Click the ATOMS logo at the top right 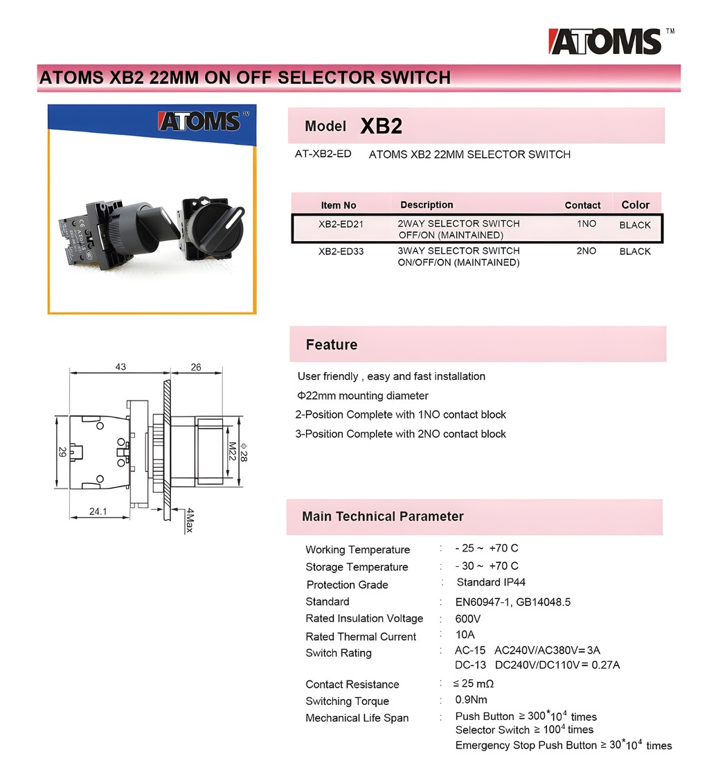pos(604,42)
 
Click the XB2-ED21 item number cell pos(341,225)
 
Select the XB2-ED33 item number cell pos(341,252)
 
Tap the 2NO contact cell pos(586,251)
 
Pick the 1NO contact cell pos(586,224)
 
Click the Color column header pos(635,204)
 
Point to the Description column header pos(427,204)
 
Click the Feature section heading pos(332,344)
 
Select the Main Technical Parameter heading pos(382,516)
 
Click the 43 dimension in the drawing pos(120,367)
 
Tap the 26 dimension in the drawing pos(196,367)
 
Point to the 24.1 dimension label pos(98,511)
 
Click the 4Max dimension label pos(188,520)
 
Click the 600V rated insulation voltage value pos(467,619)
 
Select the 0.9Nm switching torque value pos(471,700)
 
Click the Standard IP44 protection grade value pos(490,582)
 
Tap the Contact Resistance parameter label pos(352,684)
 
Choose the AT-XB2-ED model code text pos(323,154)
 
